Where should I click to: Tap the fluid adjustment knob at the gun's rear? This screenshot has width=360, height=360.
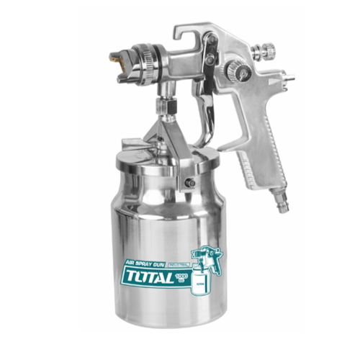click(267, 52)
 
